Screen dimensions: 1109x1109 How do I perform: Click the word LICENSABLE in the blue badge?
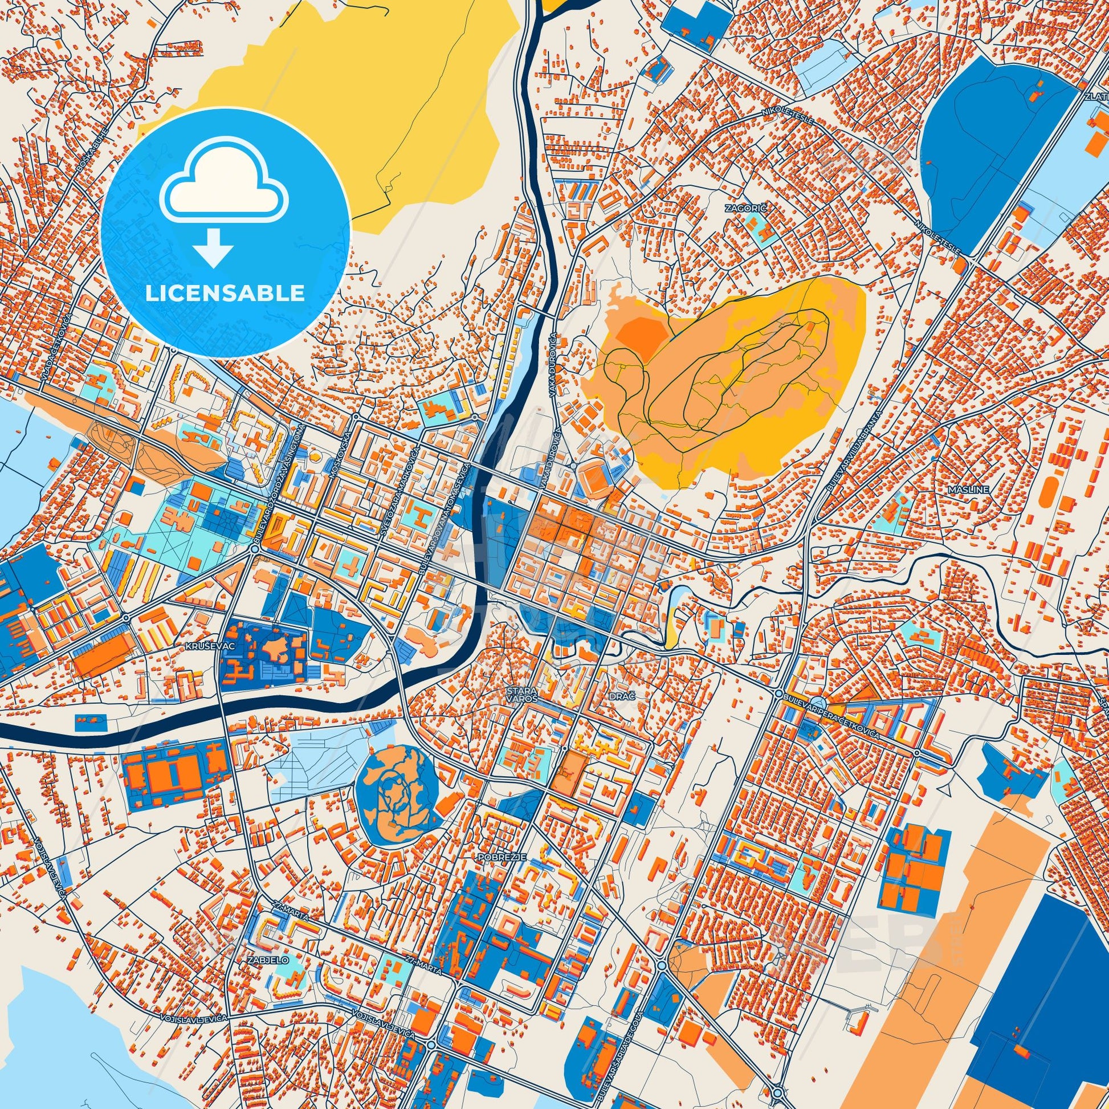click(x=225, y=293)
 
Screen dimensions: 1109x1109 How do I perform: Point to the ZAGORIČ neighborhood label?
click(x=755, y=209)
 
